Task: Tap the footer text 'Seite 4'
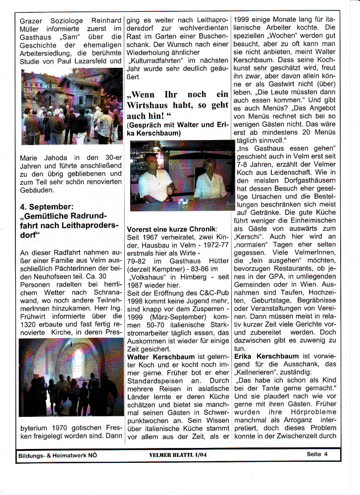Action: coord(321,454)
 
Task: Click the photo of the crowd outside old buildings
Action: coord(71,106)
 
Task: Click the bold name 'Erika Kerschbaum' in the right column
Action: coord(267,356)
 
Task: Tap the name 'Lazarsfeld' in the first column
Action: coord(102,61)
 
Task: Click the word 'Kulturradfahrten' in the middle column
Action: coord(154,60)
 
